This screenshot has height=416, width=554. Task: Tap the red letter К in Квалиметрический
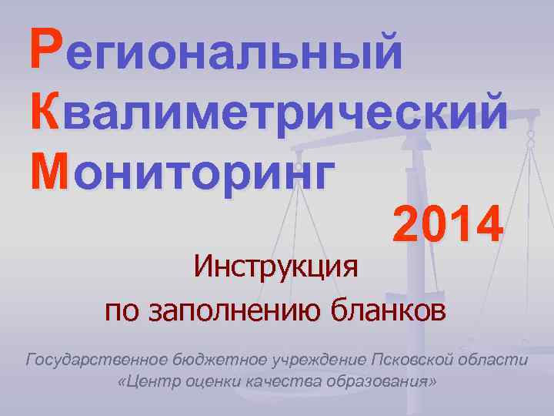point(46,111)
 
